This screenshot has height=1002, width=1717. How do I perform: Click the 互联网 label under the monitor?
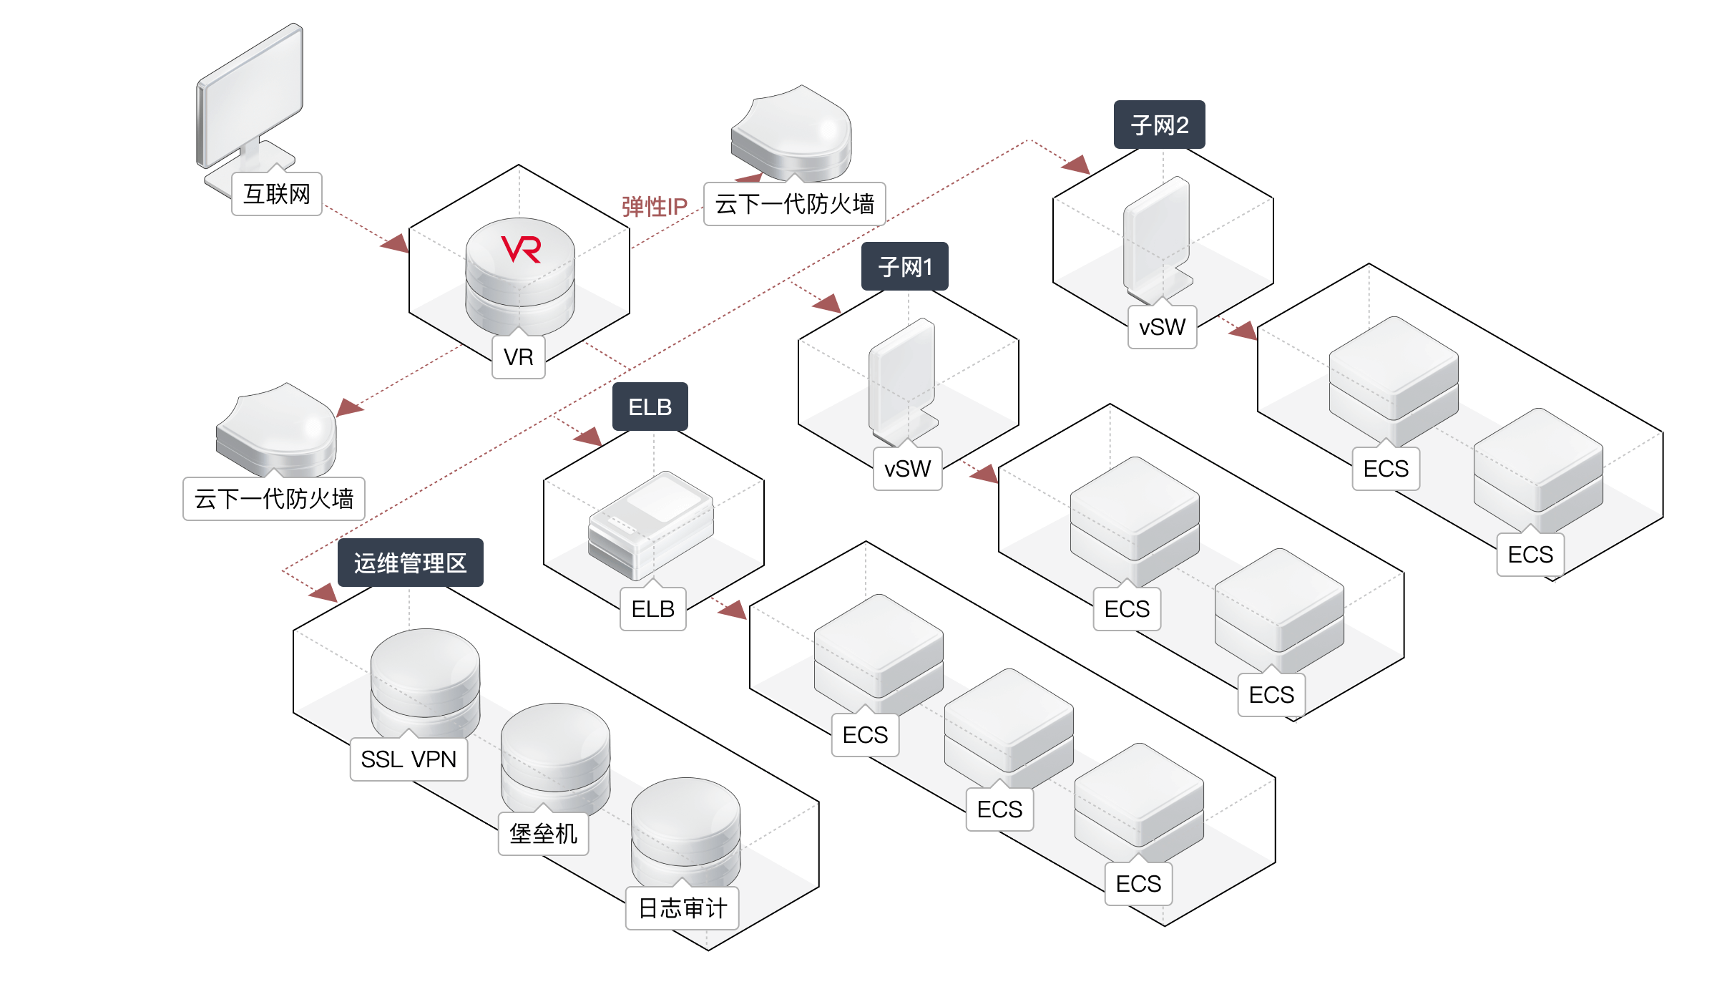click(x=277, y=194)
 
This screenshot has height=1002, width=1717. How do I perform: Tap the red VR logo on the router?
click(x=521, y=249)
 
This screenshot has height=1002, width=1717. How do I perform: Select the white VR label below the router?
click(x=519, y=356)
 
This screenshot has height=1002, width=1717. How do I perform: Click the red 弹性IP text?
click(x=654, y=207)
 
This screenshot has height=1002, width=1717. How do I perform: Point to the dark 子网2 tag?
click(x=1159, y=125)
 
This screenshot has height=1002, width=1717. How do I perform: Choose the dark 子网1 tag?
click(x=905, y=267)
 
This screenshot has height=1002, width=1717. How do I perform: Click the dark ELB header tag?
click(x=650, y=407)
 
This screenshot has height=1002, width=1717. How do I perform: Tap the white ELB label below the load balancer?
click(x=652, y=609)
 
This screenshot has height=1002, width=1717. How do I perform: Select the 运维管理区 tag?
click(x=410, y=563)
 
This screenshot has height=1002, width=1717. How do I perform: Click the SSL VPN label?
click(x=409, y=759)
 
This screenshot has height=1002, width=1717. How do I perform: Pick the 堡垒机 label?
click(x=543, y=834)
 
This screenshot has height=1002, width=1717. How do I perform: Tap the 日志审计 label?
click(x=682, y=908)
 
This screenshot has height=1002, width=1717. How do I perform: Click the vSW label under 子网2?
click(x=1162, y=327)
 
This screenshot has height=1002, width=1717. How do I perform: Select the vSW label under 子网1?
click(x=907, y=469)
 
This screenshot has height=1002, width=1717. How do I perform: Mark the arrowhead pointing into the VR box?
click(x=395, y=243)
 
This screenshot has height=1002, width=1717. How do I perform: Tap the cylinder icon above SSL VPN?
click(x=425, y=680)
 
